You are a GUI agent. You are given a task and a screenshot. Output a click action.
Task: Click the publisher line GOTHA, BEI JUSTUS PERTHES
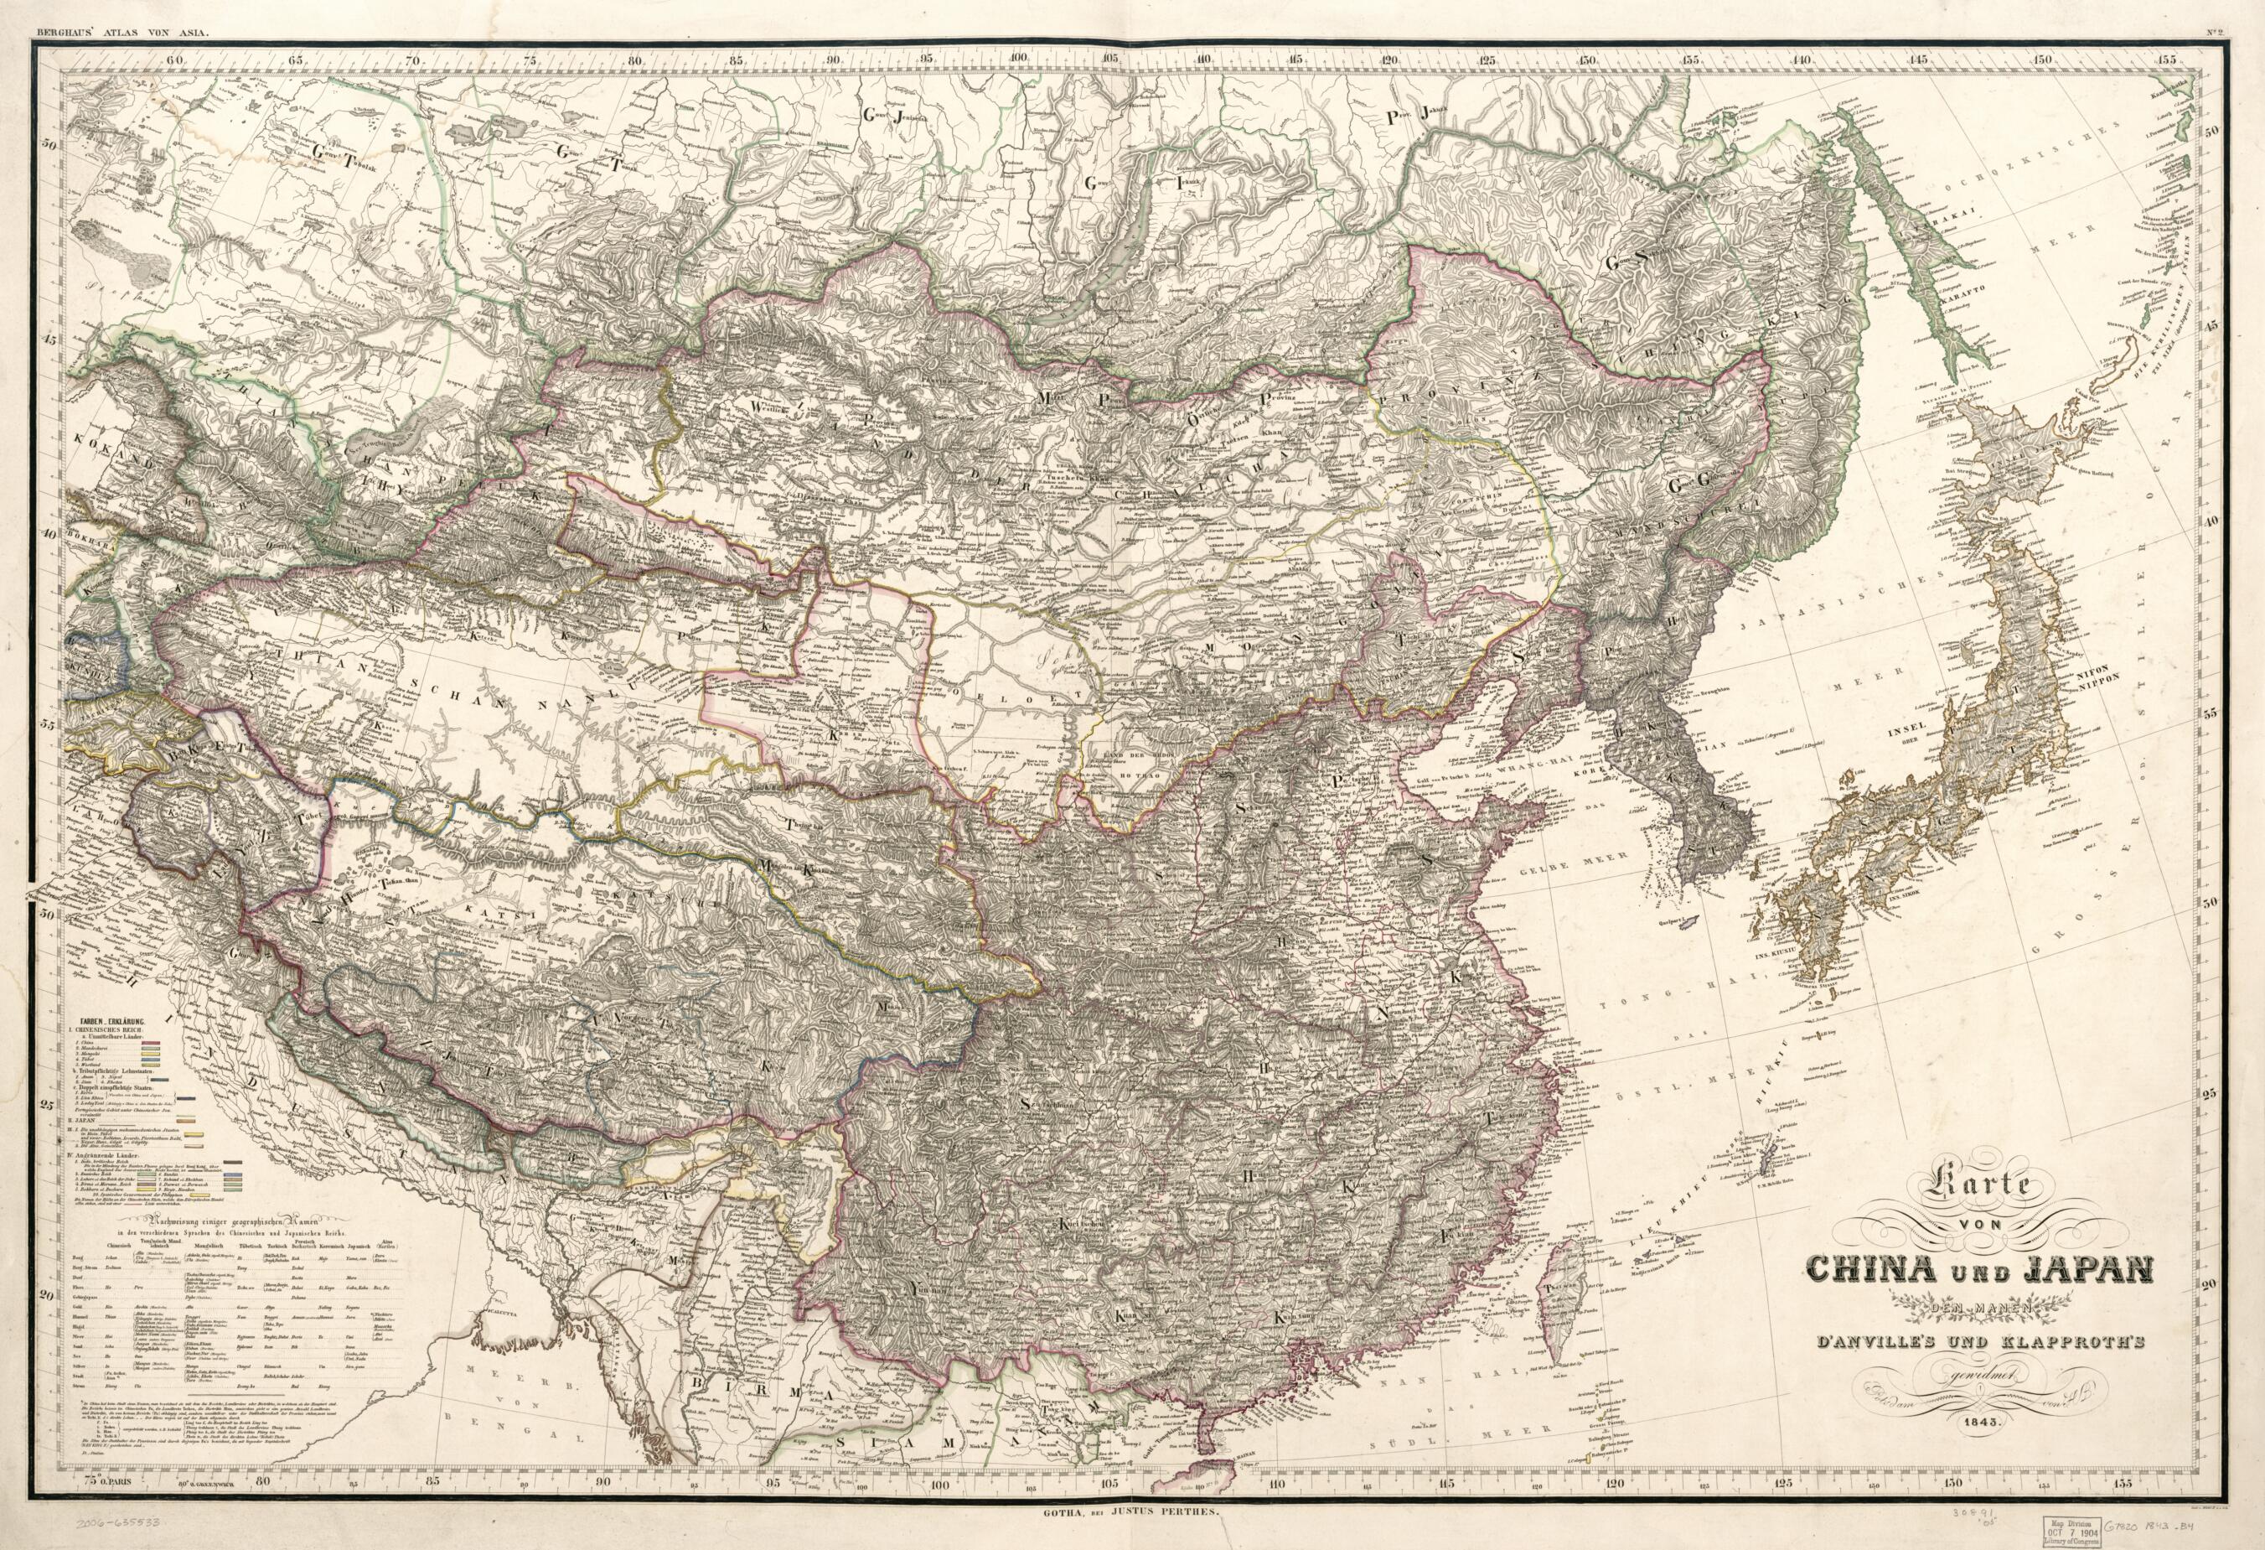(x=1130, y=1510)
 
